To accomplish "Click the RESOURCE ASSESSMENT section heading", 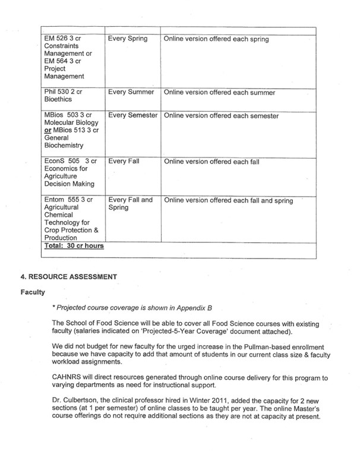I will click(74, 276).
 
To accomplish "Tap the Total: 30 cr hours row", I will click(74, 245).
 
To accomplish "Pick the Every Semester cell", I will click(133, 116).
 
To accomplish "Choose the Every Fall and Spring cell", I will click(130, 204).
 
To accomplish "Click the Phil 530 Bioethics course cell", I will click(62, 97).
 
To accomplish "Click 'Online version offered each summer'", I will click(219, 93).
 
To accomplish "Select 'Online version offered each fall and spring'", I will click(228, 201).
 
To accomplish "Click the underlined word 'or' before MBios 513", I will click(48, 131).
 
